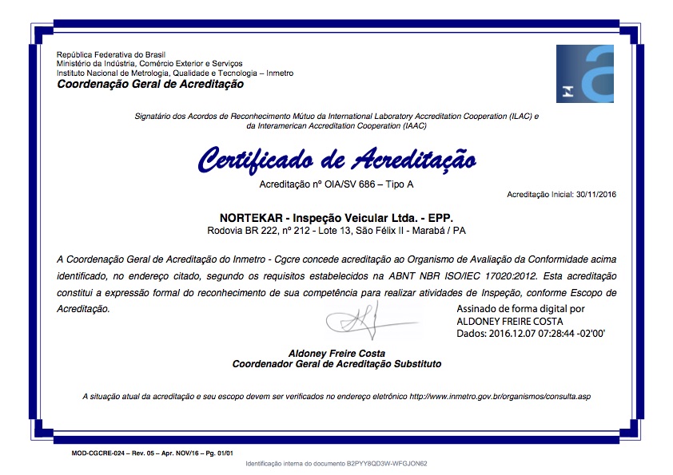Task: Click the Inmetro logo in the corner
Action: (585, 74)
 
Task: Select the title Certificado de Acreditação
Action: (336, 160)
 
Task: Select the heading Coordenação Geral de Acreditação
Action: (150, 84)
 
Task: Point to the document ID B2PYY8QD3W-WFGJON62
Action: (387, 463)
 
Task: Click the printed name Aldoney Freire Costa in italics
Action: (336, 353)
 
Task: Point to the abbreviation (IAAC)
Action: (413, 125)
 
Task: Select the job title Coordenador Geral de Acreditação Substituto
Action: (336, 363)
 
